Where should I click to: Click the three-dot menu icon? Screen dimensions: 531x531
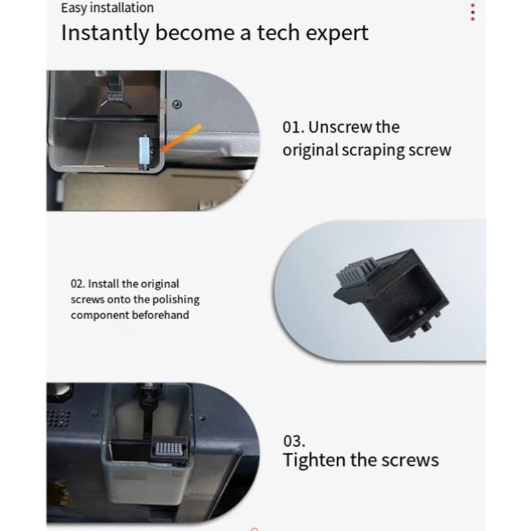(x=472, y=12)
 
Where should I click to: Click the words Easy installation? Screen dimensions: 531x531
(x=107, y=8)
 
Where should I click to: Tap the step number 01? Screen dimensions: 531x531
(x=293, y=127)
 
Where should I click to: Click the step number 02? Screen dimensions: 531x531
(x=78, y=283)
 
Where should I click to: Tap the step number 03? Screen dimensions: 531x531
(x=294, y=441)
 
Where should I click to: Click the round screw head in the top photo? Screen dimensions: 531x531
(x=176, y=104)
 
